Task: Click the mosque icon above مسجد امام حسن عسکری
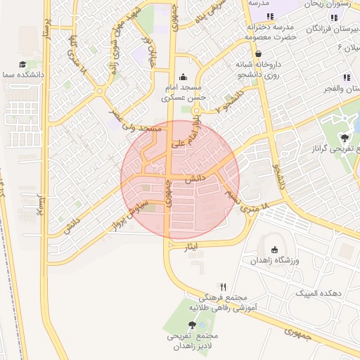[184, 77]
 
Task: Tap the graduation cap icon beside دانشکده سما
[22, 64]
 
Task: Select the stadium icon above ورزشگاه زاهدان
[274, 250]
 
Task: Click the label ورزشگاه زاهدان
[274, 261]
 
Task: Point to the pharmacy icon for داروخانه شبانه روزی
[259, 53]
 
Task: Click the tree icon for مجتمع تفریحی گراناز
[345, 138]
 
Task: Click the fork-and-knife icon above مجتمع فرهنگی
[224, 286]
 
